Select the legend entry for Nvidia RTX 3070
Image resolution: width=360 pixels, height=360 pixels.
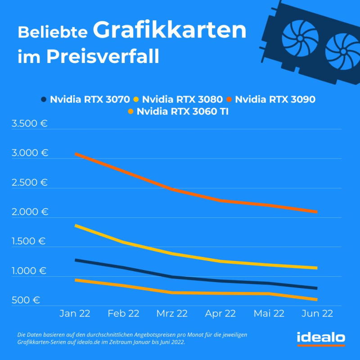(85, 99)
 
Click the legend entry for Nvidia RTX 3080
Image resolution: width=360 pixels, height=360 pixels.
(178, 99)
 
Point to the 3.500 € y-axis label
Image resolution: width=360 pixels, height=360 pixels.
(29, 124)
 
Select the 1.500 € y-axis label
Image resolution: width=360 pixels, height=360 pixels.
(29, 241)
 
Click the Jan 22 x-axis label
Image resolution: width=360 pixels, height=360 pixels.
(75, 314)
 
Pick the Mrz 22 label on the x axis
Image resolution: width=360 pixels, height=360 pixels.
(172, 314)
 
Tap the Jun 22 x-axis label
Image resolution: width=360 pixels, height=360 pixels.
(317, 314)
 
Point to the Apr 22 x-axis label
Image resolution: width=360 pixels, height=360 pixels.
(220, 314)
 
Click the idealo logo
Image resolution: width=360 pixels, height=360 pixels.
(321, 337)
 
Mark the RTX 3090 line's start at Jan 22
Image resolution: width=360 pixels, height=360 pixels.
(76, 154)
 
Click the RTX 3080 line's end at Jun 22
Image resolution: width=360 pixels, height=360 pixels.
(316, 268)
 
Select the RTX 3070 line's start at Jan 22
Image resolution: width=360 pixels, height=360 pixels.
(76, 260)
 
